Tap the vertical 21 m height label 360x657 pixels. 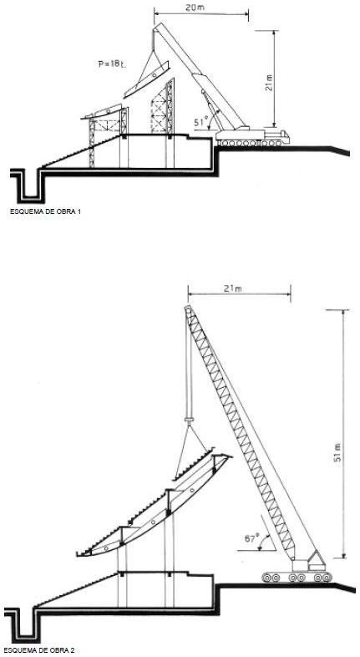(x=269, y=83)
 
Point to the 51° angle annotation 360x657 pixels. (x=202, y=122)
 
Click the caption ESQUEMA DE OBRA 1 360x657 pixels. (x=45, y=211)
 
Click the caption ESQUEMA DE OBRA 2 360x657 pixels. (x=39, y=650)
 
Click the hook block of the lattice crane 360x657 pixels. (x=190, y=420)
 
